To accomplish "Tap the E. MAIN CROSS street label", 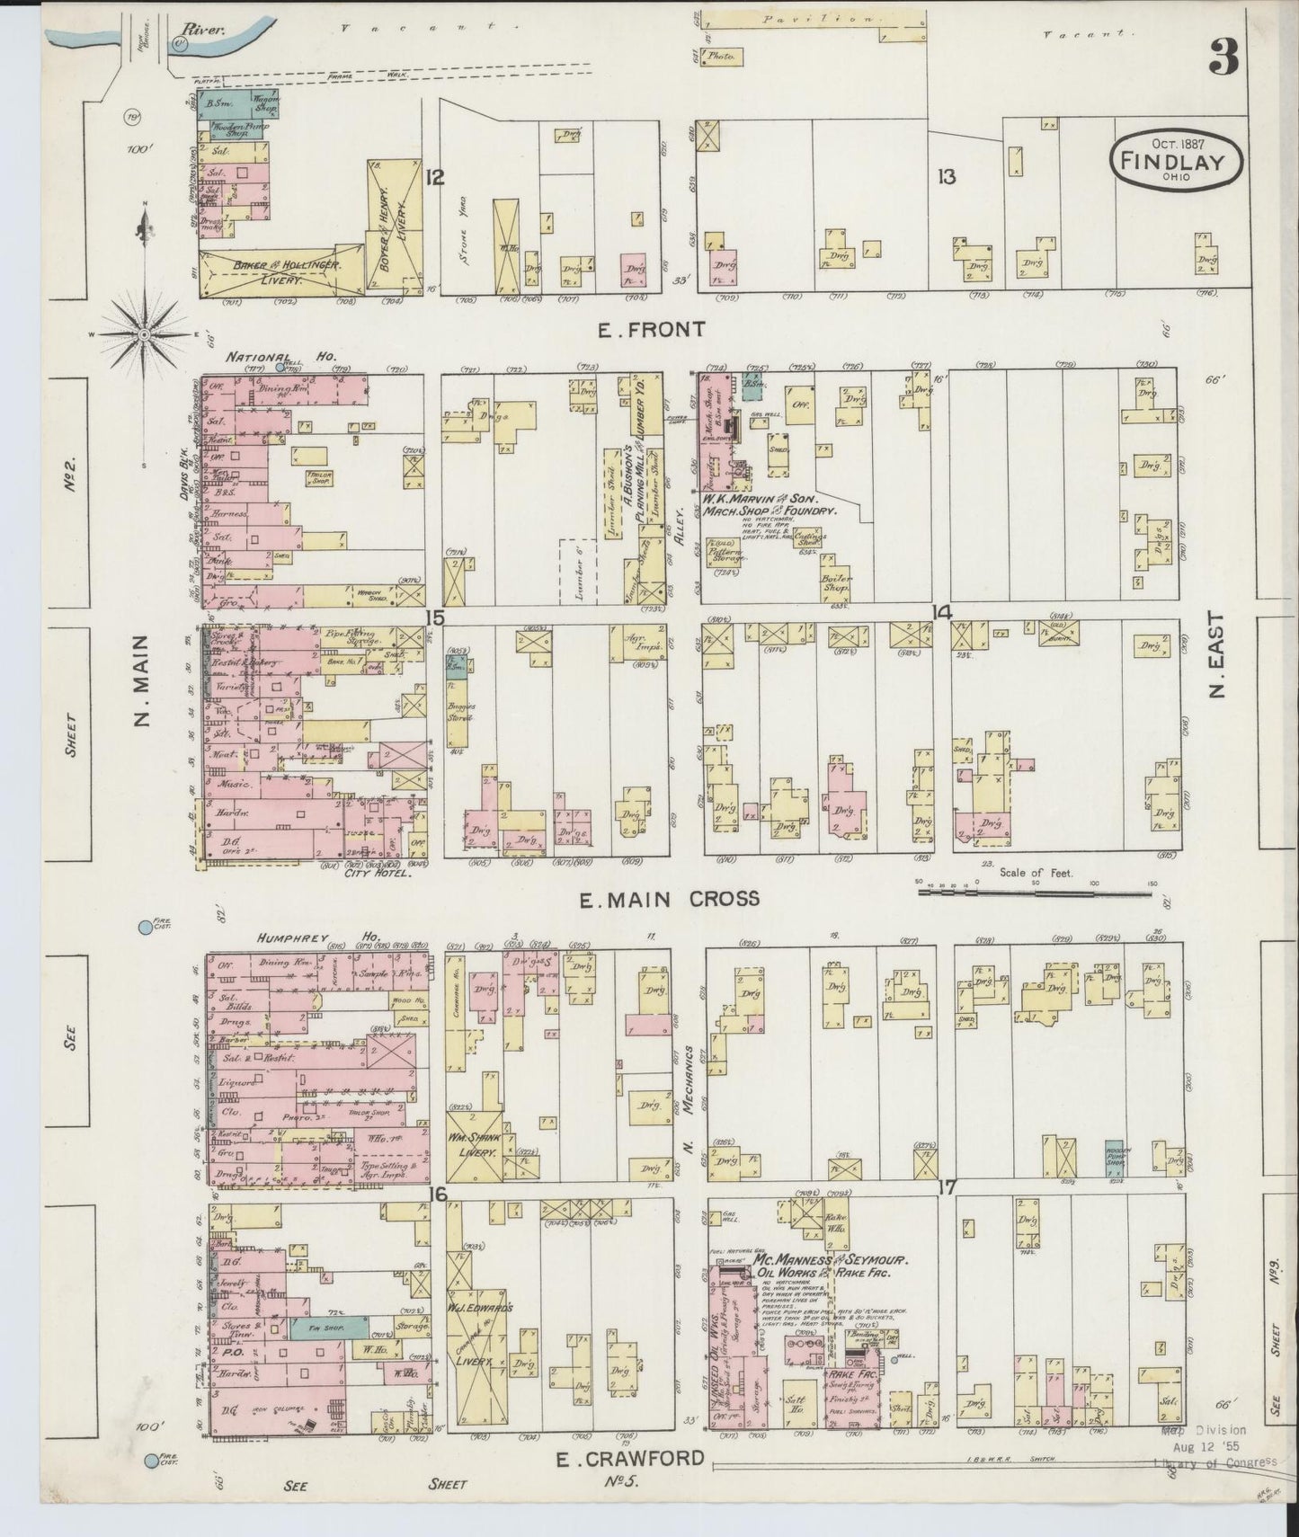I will (669, 898).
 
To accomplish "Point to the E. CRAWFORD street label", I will (628, 1459).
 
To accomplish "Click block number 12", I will (435, 177).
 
